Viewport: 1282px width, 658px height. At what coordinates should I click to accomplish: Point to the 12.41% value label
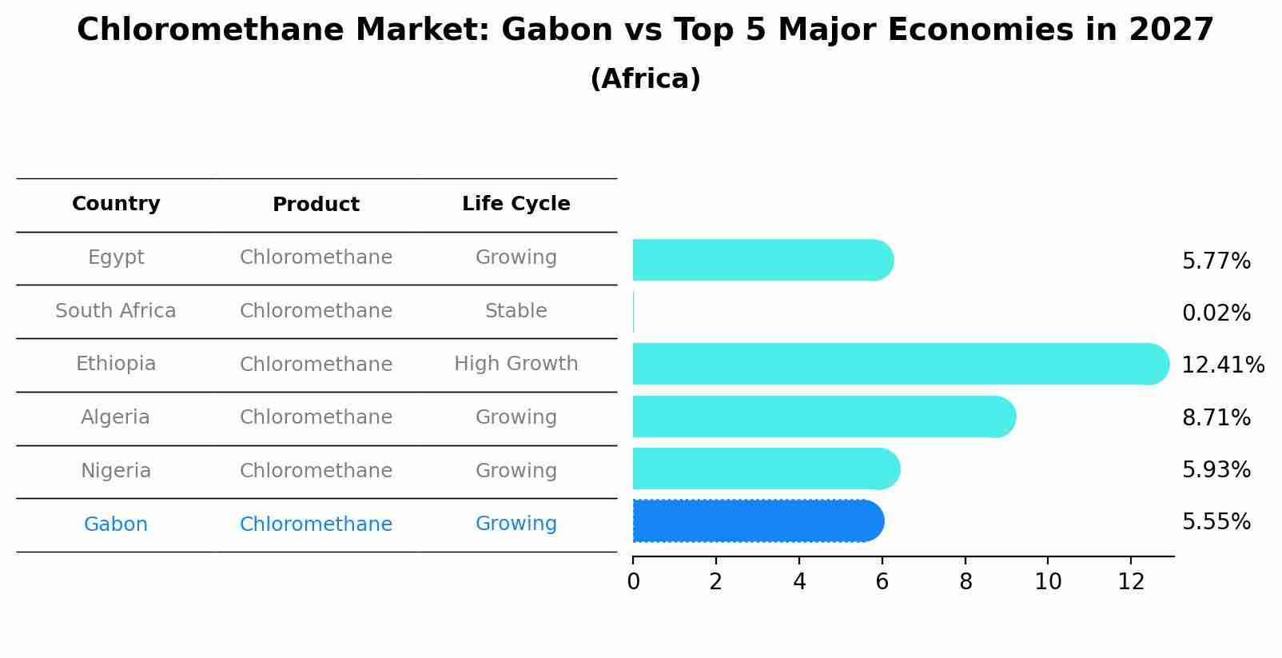click(x=1222, y=365)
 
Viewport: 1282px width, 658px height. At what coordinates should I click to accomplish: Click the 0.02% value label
click(x=1216, y=313)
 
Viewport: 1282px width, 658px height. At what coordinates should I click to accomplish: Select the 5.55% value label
click(x=1216, y=522)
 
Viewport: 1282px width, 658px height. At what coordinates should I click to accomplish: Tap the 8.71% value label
click(x=1216, y=417)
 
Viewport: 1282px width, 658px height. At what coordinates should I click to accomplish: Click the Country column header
click(x=116, y=204)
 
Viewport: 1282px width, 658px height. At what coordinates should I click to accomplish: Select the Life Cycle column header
click(x=516, y=204)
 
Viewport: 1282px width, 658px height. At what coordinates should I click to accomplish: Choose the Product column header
click(x=316, y=205)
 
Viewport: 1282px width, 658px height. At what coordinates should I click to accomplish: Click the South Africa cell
click(x=116, y=311)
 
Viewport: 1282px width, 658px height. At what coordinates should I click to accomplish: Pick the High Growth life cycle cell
click(x=516, y=364)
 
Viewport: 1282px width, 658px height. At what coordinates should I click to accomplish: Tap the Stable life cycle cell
click(x=516, y=311)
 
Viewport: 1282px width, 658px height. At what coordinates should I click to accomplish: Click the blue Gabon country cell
click(x=116, y=524)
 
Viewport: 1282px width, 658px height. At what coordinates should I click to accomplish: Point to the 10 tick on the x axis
click(x=1048, y=582)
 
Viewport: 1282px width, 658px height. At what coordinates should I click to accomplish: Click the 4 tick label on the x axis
click(x=799, y=582)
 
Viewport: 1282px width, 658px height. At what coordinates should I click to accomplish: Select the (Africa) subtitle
click(x=645, y=79)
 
